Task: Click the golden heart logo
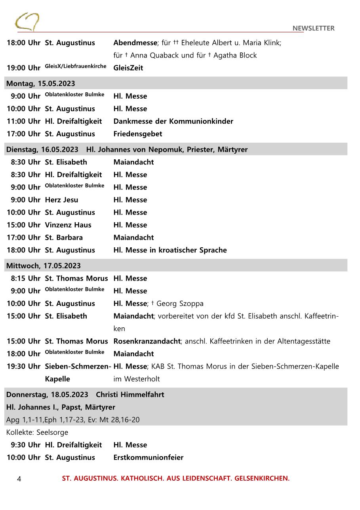27,22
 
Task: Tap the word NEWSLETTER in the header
313,28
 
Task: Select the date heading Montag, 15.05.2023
40,83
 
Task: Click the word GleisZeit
128,68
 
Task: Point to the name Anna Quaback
154,55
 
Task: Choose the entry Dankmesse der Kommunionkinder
173,121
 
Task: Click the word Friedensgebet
137,134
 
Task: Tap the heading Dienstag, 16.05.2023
42,149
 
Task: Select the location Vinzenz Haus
68,225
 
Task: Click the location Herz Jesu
61,200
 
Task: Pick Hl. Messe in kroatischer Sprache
170,250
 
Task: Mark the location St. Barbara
64,238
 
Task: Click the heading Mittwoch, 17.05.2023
43,266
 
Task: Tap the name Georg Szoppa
180,304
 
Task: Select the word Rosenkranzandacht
147,341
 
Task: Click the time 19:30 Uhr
23,367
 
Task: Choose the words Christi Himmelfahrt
130,395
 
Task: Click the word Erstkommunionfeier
148,457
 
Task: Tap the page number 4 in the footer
19,479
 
